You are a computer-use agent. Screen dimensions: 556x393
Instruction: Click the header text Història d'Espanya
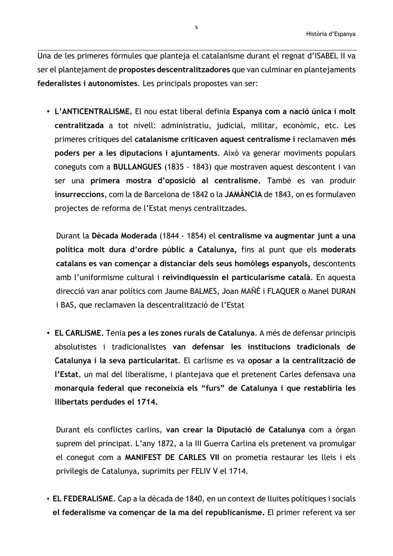click(330, 34)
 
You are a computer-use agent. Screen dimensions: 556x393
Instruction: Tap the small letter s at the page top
click(196, 27)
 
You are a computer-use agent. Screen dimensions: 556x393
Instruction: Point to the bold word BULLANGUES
click(137, 167)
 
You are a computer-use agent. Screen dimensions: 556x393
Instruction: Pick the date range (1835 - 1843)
click(187, 167)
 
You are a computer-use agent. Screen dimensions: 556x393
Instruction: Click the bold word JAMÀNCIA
click(243, 194)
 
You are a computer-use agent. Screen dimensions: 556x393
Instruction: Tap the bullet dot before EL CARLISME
click(48, 333)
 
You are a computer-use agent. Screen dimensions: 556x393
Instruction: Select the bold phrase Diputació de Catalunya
click(261, 430)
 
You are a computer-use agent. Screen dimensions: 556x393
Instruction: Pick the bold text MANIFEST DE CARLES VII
click(172, 458)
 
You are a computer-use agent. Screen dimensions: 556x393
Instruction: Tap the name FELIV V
click(205, 472)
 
